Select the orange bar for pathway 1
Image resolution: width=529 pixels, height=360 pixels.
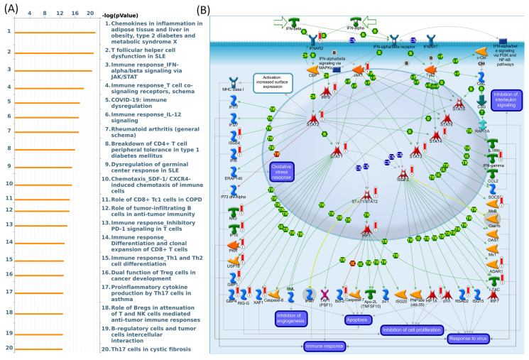tap(55, 33)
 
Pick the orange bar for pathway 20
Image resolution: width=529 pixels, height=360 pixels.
tap(38, 349)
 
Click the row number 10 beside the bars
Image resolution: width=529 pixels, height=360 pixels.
tap(9, 183)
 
